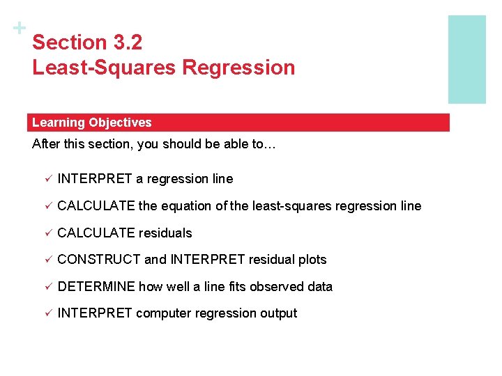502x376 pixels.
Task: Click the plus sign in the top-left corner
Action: (20, 29)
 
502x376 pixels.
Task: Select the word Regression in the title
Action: (238, 68)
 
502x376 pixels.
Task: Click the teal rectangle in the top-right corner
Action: (466, 59)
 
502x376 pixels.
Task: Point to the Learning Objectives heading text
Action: (91, 123)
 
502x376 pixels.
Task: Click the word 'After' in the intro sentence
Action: (47, 146)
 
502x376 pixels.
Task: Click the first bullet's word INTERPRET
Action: (95, 179)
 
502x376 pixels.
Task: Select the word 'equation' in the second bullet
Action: (185, 206)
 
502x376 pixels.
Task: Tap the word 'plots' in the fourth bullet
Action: (312, 260)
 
